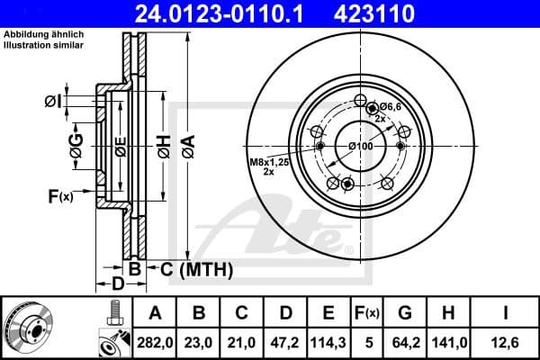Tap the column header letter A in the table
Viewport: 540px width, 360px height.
(x=154, y=312)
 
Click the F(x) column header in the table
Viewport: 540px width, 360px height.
(x=366, y=312)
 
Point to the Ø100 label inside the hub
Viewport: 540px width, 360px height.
(x=360, y=147)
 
